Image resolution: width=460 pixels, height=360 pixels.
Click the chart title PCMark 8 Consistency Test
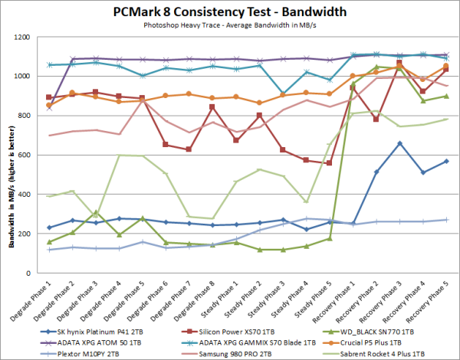[229, 12]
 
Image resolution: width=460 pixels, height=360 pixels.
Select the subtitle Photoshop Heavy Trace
[229, 25]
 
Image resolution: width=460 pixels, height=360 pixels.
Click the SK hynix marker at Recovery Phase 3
[399, 143]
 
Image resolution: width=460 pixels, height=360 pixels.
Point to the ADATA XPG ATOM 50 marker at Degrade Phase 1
[50, 107]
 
